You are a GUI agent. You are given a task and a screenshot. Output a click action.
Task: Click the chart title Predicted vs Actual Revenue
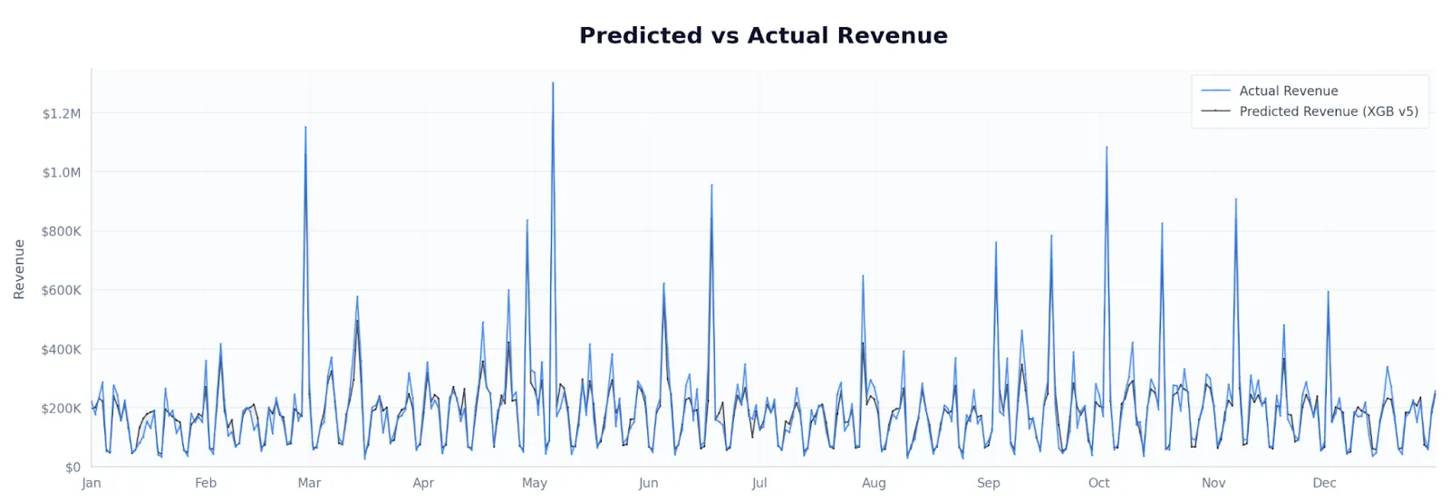pyautogui.click(x=763, y=35)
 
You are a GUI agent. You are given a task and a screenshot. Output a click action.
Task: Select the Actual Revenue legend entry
pyautogui.click(x=1288, y=91)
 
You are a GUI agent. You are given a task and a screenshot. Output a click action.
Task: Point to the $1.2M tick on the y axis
pyautogui.click(x=62, y=113)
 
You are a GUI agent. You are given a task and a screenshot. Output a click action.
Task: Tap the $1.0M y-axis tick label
pyautogui.click(x=62, y=172)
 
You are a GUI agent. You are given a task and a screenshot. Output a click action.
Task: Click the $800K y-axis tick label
pyautogui.click(x=62, y=231)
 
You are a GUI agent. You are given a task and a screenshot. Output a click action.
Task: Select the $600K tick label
pyautogui.click(x=62, y=290)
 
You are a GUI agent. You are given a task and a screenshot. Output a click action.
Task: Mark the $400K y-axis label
pyautogui.click(x=62, y=349)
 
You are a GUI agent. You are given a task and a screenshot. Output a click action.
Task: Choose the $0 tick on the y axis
pyautogui.click(x=72, y=467)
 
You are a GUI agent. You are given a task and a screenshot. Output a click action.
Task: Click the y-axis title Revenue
pyautogui.click(x=19, y=269)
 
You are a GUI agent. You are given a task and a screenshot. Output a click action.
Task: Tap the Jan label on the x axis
pyautogui.click(x=92, y=483)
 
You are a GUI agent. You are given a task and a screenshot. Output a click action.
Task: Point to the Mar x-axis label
pyautogui.click(x=309, y=483)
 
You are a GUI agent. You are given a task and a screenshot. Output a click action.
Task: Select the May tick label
pyautogui.click(x=535, y=483)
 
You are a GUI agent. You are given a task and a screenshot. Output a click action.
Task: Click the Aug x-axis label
pyautogui.click(x=874, y=483)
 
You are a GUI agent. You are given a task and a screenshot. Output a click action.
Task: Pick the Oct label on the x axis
pyautogui.click(x=1098, y=483)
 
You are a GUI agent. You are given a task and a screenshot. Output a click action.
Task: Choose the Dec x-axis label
pyautogui.click(x=1324, y=483)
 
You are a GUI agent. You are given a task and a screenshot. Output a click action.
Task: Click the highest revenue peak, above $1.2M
pyautogui.click(x=553, y=83)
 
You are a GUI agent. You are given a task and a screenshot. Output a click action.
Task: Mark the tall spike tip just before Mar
pyautogui.click(x=305, y=127)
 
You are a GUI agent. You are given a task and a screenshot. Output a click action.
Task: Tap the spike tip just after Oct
pyautogui.click(x=1107, y=147)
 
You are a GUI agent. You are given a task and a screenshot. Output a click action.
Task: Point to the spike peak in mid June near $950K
pyautogui.click(x=711, y=185)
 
